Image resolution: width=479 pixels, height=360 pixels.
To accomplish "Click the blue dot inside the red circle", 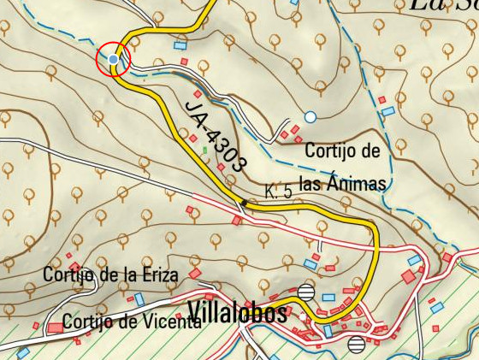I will pyautogui.click(x=114, y=58).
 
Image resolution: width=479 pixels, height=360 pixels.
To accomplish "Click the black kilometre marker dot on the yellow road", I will pyautogui.click(x=244, y=203).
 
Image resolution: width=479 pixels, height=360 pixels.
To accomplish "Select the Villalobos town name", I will pyautogui.click(x=237, y=313).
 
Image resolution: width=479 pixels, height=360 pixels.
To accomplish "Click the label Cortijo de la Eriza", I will pyautogui.click(x=110, y=275).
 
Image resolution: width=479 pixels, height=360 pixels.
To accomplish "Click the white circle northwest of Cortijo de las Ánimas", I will pyautogui.click(x=310, y=116).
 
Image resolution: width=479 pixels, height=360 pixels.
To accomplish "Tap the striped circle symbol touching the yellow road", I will pyautogui.click(x=307, y=291).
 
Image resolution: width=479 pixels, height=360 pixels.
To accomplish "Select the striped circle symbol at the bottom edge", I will pyautogui.click(x=357, y=345).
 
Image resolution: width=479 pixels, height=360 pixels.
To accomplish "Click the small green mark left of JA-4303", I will pyautogui.click(x=204, y=150).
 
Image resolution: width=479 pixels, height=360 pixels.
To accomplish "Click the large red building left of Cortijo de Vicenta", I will pyautogui.click(x=56, y=328).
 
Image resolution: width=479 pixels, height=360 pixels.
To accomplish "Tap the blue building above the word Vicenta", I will pyautogui.click(x=139, y=300).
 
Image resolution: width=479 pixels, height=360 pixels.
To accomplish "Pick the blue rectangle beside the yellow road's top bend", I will pyautogui.click(x=180, y=45).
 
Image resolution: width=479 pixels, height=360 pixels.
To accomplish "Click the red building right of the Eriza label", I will pyautogui.click(x=195, y=274).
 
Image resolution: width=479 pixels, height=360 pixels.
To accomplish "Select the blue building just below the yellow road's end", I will pyautogui.click(x=327, y=330).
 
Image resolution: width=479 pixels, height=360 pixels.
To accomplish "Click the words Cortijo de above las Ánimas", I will pyautogui.click(x=341, y=151).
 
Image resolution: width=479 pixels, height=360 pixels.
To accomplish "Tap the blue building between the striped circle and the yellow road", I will pyautogui.click(x=328, y=297).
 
